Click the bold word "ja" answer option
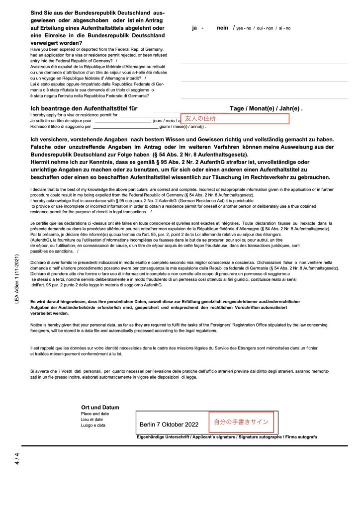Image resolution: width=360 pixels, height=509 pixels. [195, 28]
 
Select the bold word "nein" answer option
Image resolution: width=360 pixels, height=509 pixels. [222, 28]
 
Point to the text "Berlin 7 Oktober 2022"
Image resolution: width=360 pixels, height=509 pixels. [169, 425]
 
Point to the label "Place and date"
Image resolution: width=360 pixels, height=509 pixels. [95, 414]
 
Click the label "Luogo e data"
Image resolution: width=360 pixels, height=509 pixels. [93, 425]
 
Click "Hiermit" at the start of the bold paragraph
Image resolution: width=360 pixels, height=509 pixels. [42, 162]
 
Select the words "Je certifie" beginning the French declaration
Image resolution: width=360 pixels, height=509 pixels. [42, 224]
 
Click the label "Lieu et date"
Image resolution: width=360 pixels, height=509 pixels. [92, 420]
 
